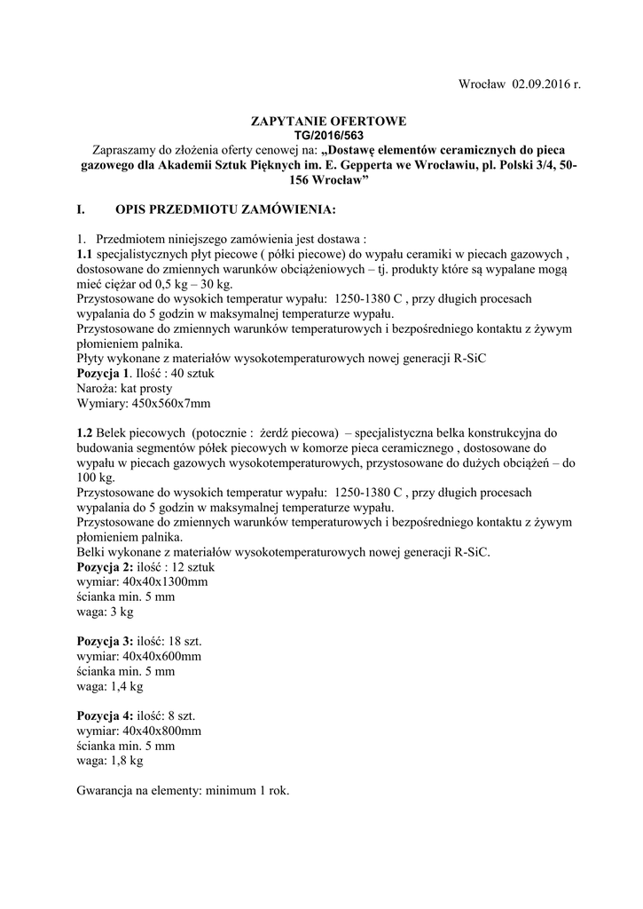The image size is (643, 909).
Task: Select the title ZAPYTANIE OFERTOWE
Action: (328, 120)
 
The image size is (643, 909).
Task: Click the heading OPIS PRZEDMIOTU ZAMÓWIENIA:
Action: (226, 210)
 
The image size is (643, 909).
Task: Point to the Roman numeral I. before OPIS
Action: (82, 210)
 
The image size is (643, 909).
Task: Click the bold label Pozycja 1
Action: (103, 374)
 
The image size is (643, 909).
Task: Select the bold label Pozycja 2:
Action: (106, 566)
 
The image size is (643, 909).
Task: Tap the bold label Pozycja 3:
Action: (106, 641)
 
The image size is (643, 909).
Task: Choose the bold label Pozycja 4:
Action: (106, 715)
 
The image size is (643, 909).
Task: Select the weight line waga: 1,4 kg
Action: (110, 686)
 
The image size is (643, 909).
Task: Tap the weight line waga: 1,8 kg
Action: (110, 761)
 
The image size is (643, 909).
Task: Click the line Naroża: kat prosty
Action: (125, 389)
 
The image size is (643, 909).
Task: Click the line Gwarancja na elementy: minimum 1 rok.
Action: (184, 790)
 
